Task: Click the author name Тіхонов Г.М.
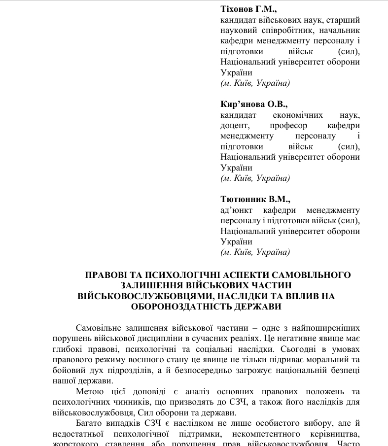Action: point(248,9)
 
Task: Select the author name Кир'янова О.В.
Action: point(254,104)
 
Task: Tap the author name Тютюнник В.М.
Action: point(255,200)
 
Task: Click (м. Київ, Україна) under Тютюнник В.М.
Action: point(255,252)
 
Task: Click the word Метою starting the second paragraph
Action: point(90,392)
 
